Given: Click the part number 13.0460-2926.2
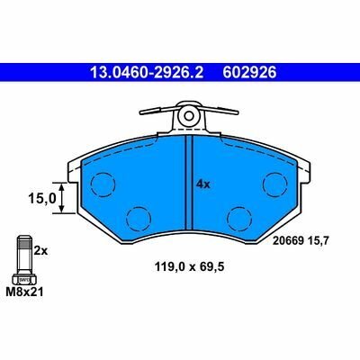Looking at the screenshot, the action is (x=147, y=73).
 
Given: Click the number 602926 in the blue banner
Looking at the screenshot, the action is (x=249, y=73).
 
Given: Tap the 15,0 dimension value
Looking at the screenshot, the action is (x=42, y=198).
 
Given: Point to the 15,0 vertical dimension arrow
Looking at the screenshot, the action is (x=61, y=198).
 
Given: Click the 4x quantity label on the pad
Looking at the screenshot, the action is (x=203, y=184).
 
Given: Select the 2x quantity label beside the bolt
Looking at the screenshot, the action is (x=40, y=250).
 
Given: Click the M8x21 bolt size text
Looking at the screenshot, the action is (x=24, y=292).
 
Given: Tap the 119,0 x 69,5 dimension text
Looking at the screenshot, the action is (x=189, y=266).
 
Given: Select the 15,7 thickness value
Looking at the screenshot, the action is (x=319, y=240).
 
